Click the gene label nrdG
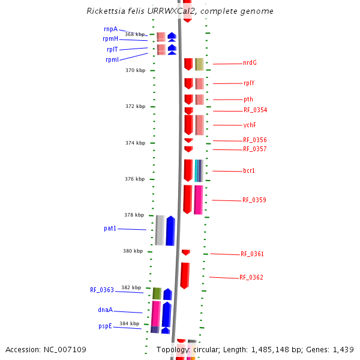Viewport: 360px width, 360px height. tap(250, 62)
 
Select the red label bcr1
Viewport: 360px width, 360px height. tap(249, 171)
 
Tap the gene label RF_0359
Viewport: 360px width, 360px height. tap(254, 200)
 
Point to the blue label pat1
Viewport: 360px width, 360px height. tap(110, 229)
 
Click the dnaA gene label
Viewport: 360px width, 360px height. tap(105, 310)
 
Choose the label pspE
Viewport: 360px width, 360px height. tap(105, 326)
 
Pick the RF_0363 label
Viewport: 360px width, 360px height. tap(102, 290)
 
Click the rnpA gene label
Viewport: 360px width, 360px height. tap(110, 29)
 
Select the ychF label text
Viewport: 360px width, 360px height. tap(250, 125)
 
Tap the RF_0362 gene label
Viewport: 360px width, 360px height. tap(251, 278)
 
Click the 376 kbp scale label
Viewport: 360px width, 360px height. tap(134, 179)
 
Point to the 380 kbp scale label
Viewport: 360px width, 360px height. tap(134, 251)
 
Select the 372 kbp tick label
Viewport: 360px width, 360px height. tap(135, 106)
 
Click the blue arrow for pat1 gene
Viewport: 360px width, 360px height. tap(170, 230)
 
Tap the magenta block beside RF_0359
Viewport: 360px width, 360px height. tap(198, 199)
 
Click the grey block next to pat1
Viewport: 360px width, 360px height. tap(160, 230)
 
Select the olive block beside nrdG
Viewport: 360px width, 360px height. tap(199, 64)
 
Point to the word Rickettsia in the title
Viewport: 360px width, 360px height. tap(107, 11)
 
